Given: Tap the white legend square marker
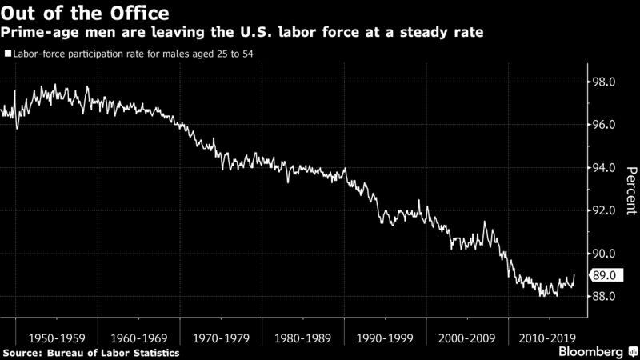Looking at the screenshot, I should pyautogui.click(x=7, y=55).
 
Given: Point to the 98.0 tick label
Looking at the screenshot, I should pyautogui.click(x=602, y=82).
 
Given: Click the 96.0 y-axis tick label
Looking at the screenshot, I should pyautogui.click(x=602, y=126).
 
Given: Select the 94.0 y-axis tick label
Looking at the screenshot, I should pyautogui.click(x=602, y=168).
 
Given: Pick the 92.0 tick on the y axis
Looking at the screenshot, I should pyautogui.click(x=602, y=211).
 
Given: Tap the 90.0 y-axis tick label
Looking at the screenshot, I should pyautogui.click(x=602, y=254).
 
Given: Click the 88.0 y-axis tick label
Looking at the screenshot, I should pyautogui.click(x=602, y=297).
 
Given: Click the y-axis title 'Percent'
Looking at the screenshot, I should pyautogui.click(x=630, y=190).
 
